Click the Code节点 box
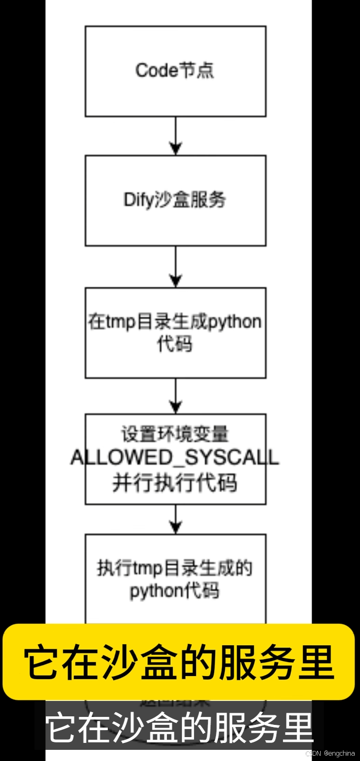point(175,71)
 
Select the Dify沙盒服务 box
point(175,200)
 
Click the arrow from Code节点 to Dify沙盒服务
point(175,136)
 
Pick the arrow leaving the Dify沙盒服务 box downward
point(175,266)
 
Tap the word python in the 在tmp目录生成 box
point(235,322)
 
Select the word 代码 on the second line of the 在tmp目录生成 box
point(175,344)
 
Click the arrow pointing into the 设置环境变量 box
point(175,396)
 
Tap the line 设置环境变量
point(175,434)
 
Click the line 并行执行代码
point(175,483)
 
